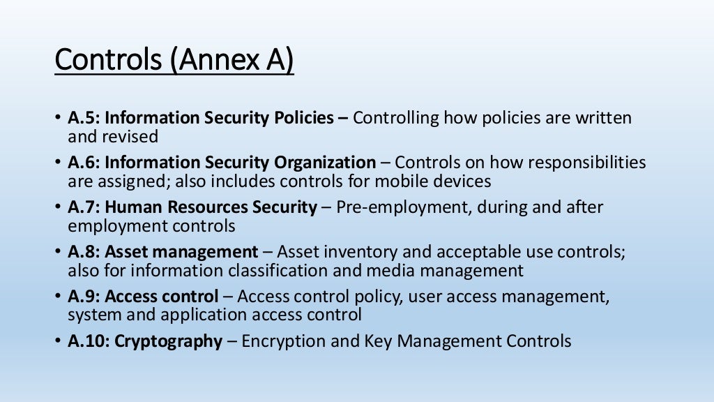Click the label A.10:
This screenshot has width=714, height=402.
pos(89,341)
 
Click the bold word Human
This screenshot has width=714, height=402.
pos(131,207)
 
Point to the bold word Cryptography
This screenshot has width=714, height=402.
pos(168,342)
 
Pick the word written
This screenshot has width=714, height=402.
pos(603,118)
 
